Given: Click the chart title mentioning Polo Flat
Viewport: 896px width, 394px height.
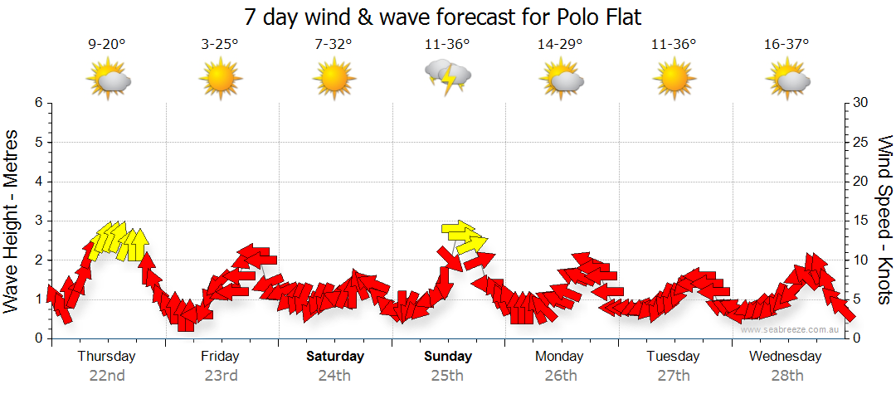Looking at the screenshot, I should [x=444, y=16].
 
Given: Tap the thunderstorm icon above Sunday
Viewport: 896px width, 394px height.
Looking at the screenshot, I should [x=448, y=77].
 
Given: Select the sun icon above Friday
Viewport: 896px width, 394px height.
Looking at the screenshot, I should [x=220, y=79].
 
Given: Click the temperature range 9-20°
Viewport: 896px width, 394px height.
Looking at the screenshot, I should [x=107, y=44].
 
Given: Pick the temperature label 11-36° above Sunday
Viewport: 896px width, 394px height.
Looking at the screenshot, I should [x=448, y=44].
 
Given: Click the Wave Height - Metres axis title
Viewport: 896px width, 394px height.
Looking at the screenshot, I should [x=12, y=220].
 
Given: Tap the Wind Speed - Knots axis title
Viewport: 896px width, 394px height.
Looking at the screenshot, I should [x=884, y=220].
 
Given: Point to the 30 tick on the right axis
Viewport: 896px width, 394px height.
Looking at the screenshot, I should [x=862, y=103].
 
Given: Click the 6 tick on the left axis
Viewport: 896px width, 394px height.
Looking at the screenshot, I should [x=38, y=103].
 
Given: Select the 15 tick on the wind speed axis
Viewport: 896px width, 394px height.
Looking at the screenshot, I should [x=862, y=221].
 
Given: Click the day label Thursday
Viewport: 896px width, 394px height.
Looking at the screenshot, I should [x=106, y=357].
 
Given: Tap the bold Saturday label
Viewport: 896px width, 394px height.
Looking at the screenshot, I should [x=334, y=357].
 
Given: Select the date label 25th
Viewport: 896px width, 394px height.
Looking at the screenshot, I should [x=448, y=375].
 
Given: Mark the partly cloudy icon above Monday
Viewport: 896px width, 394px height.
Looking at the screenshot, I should [x=561, y=79].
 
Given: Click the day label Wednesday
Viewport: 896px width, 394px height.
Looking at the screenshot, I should [x=785, y=357].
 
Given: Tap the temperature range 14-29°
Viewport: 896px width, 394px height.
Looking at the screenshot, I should [x=561, y=44].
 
